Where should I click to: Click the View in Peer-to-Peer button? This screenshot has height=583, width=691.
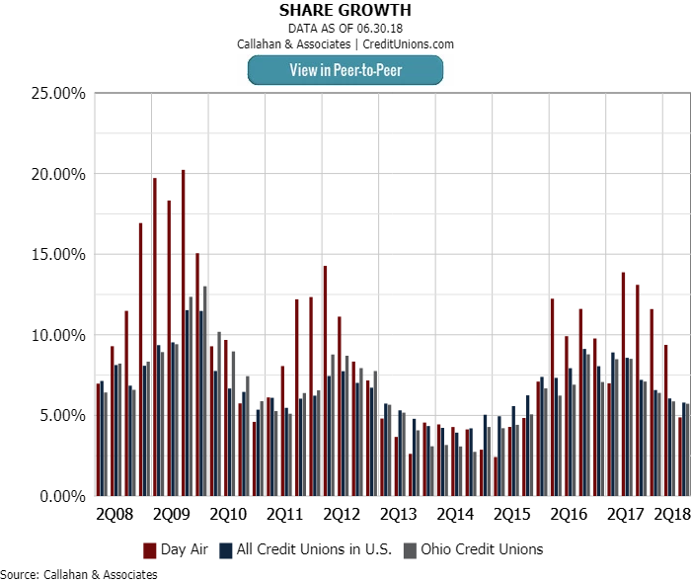[345, 70]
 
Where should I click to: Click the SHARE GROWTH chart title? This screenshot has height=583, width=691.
[345, 10]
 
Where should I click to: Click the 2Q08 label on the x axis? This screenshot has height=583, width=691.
[115, 515]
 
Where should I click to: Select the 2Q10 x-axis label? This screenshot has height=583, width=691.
[229, 515]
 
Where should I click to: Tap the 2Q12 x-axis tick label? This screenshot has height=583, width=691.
[343, 515]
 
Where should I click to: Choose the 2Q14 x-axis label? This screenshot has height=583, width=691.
[456, 515]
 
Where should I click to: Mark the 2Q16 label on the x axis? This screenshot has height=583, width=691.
[570, 515]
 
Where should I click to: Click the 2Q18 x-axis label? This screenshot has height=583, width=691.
[672, 515]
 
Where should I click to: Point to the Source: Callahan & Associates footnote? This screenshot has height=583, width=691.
[79, 574]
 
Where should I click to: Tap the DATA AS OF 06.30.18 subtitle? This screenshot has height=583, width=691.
[345, 28]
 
